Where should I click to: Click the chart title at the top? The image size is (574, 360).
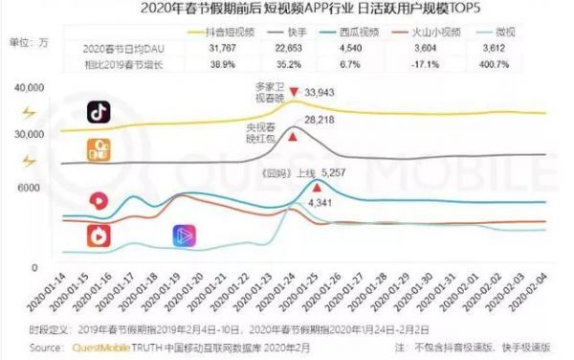287,10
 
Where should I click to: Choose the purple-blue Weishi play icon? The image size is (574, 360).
183,235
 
